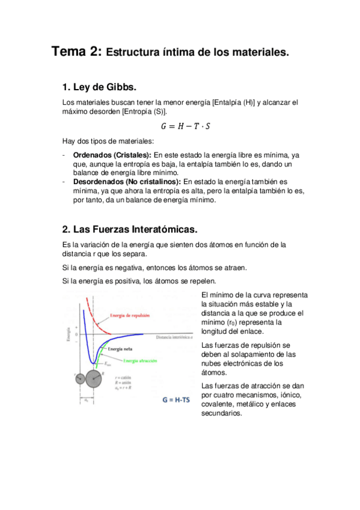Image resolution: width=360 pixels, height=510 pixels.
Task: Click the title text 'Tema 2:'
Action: point(76,52)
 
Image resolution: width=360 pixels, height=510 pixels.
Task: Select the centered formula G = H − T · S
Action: point(185,126)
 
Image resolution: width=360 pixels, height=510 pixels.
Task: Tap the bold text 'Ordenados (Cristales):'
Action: point(112,155)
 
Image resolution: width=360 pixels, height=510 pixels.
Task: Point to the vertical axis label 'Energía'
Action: point(67,334)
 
